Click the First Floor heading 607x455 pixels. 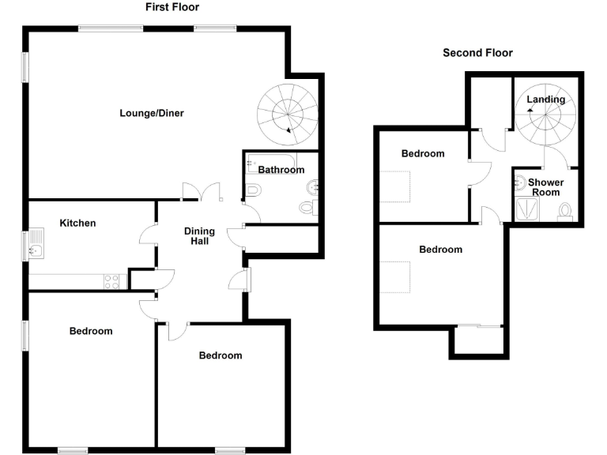172,7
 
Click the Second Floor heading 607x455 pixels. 477,53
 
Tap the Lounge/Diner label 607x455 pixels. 152,113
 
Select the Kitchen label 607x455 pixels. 77,223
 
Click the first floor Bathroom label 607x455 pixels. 281,170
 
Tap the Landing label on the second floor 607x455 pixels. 546,100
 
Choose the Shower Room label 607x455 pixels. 545,187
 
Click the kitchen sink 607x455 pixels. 37,252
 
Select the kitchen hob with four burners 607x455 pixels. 111,280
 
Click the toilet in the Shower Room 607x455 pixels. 564,211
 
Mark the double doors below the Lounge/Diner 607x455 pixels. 202,192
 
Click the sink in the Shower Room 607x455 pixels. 520,184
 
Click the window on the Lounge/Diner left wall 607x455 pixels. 25,67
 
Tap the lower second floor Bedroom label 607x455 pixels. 440,250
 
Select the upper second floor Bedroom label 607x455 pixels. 423,154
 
